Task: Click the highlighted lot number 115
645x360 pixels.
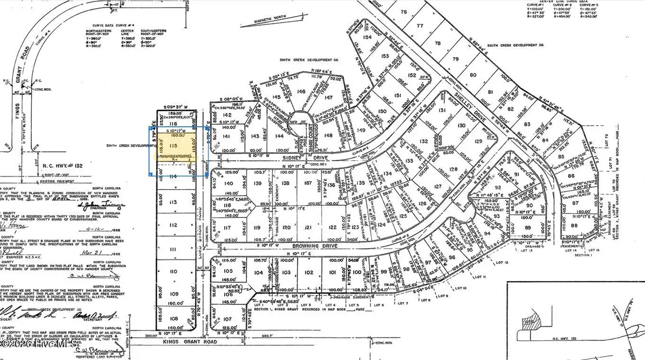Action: pos(173,145)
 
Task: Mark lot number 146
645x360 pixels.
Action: pos(300,92)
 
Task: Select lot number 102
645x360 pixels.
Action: pos(308,272)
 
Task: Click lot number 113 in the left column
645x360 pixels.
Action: pos(173,202)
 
